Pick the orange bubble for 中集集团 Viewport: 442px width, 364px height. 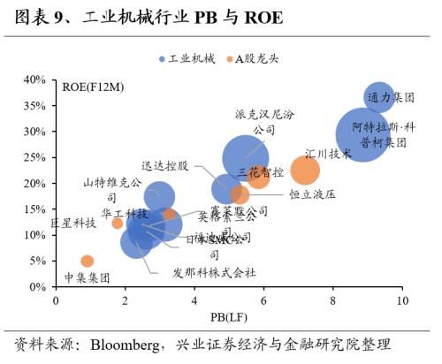(87, 261)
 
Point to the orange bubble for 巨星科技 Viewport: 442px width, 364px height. (118, 224)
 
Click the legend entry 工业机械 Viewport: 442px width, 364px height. (184, 58)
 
